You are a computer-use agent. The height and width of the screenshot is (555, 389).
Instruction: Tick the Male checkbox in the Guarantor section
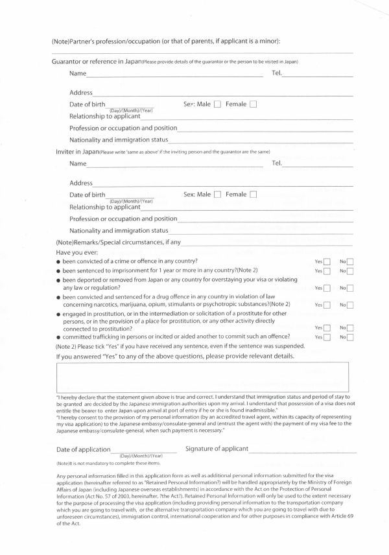coord(218,104)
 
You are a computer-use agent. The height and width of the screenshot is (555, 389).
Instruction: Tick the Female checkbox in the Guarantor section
coord(253,104)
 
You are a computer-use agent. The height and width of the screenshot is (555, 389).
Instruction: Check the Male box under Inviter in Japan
coord(218,194)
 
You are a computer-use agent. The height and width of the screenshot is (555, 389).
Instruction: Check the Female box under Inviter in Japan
coord(253,194)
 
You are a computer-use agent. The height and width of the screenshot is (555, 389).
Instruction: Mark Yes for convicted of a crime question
coord(327,261)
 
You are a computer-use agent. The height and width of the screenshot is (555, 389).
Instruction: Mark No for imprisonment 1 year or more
coord(350,270)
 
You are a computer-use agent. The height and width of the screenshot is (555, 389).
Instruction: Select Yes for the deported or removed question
coord(327,288)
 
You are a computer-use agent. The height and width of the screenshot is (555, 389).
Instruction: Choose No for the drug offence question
coord(350,305)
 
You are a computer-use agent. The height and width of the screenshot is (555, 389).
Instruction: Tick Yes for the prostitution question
coord(327,329)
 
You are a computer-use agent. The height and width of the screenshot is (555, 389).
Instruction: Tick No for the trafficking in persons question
coord(350,337)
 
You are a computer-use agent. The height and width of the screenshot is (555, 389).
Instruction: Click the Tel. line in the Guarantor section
coord(318,77)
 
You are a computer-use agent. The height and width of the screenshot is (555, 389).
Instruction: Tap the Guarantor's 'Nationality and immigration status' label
coord(119,139)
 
